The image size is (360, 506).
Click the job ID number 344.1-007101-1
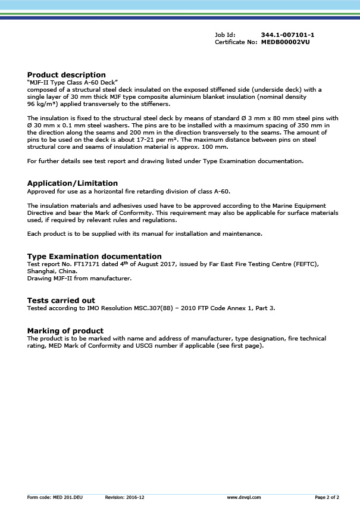287,36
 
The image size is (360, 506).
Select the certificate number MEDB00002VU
285,42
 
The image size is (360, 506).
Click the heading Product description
67,74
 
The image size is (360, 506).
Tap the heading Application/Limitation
73,183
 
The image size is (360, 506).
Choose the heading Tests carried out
61,300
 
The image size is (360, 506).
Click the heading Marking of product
65,330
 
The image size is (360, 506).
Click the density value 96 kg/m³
40,103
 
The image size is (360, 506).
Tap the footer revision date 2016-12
134,496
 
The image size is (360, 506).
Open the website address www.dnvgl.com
244,496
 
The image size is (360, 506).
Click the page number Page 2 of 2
327,496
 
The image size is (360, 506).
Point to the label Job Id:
225,36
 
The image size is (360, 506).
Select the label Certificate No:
236,42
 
